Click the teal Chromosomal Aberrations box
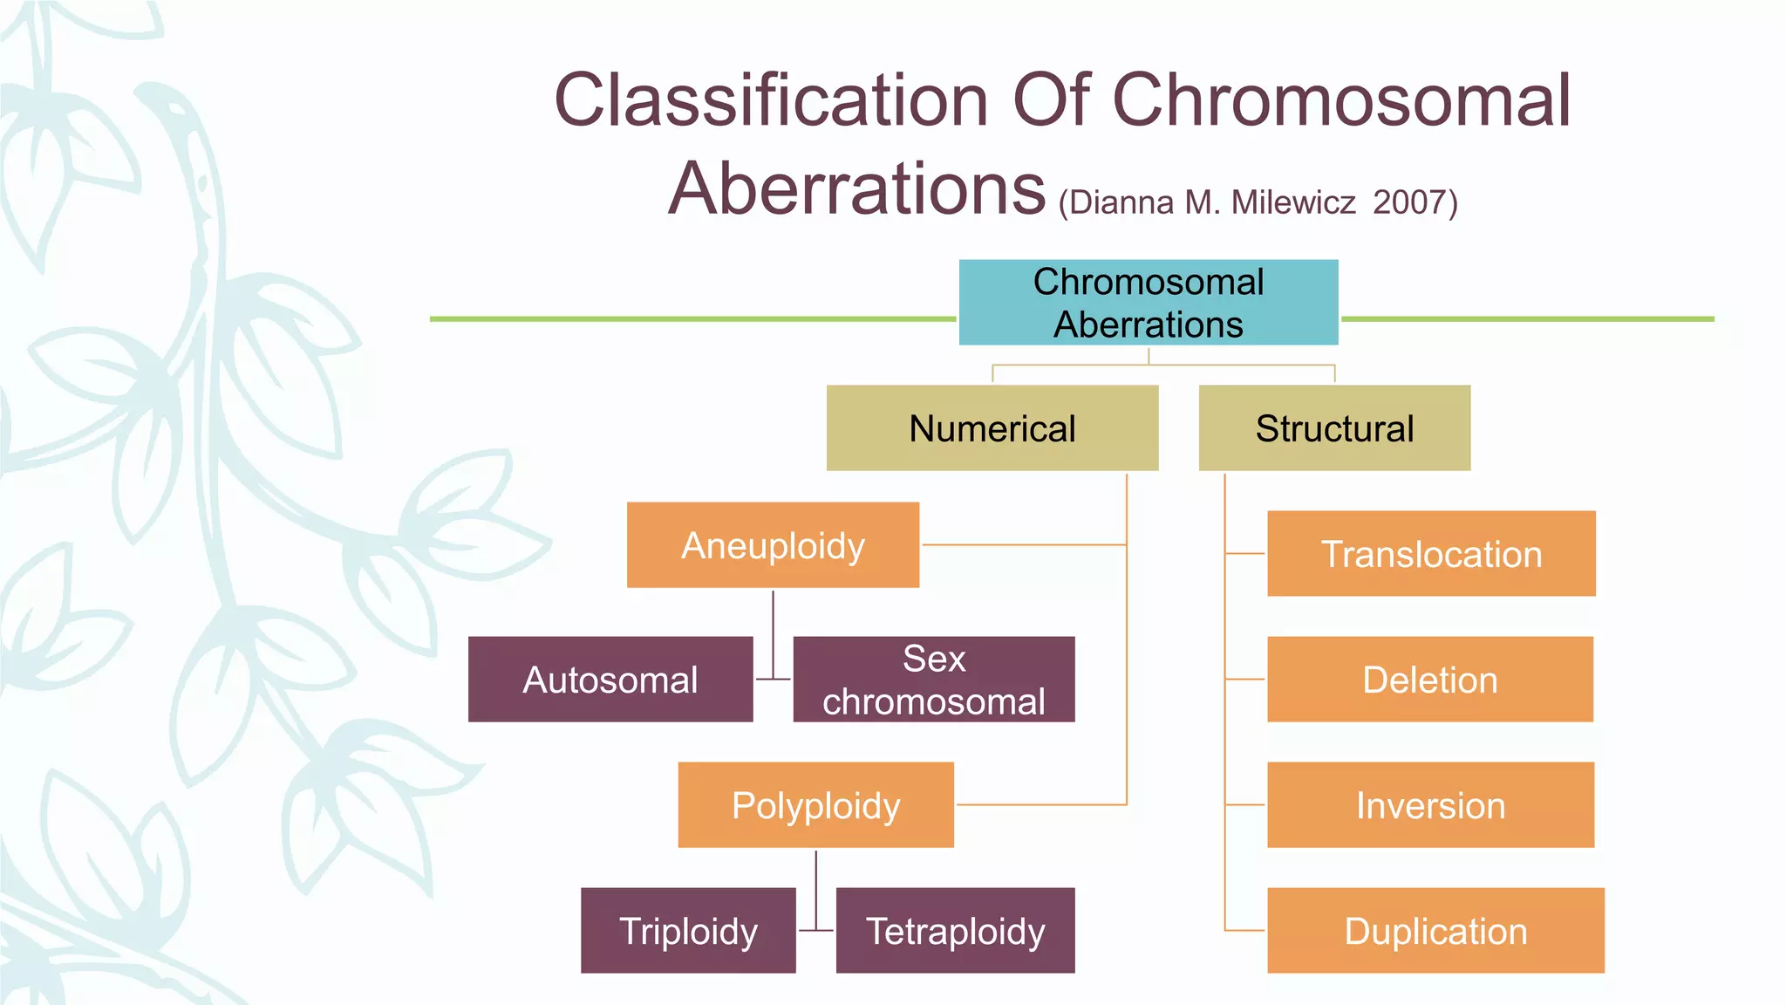point(1149,302)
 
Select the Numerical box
point(992,428)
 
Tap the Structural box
point(1334,428)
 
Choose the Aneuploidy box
point(773,545)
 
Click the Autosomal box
point(610,680)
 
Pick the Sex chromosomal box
point(933,680)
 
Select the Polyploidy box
point(815,805)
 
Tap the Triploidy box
point(688,931)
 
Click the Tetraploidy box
point(955,931)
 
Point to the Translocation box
point(1431,554)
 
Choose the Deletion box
point(1430,680)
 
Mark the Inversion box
point(1430,805)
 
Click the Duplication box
point(1435,931)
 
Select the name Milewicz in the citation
point(1292,202)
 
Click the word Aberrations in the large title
point(856,188)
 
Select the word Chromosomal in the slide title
point(1341,100)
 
